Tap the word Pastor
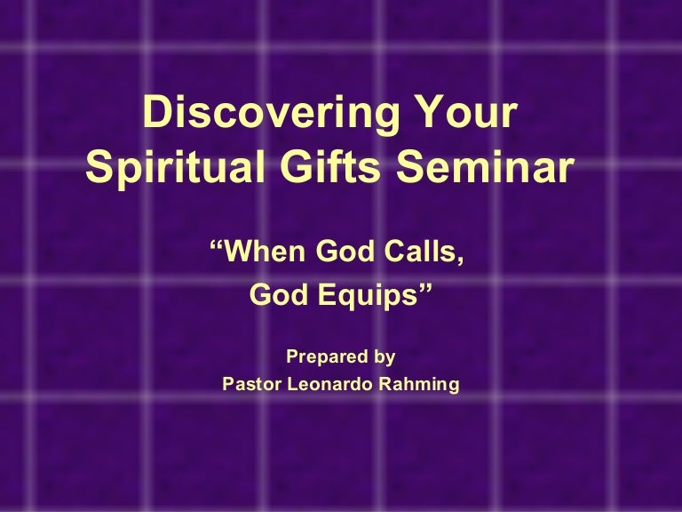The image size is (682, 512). pyautogui.click(x=252, y=384)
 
